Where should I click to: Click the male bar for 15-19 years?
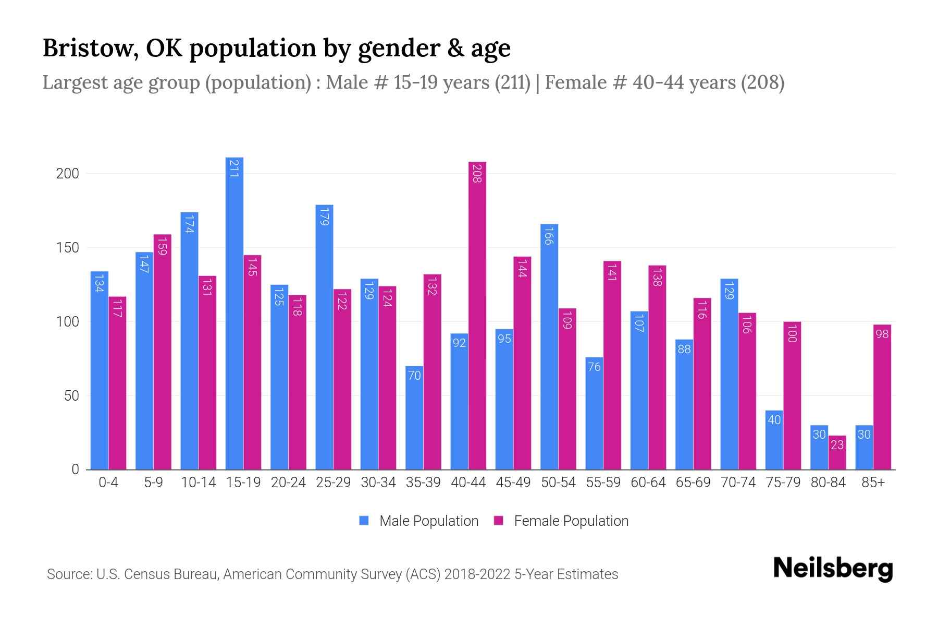tap(234, 313)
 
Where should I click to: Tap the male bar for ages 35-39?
tap(414, 417)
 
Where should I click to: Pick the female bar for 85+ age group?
tap(882, 396)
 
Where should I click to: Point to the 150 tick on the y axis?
tap(67, 248)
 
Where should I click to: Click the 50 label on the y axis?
tap(71, 396)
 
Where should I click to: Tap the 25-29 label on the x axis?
tap(333, 483)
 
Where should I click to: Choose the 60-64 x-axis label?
tap(648, 483)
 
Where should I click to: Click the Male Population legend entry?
tap(418, 521)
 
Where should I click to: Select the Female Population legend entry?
tap(561, 521)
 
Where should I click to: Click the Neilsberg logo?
tap(833, 569)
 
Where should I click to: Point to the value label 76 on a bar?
tap(594, 367)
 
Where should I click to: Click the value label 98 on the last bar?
tap(882, 334)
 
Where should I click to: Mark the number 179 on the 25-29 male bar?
tap(324, 216)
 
